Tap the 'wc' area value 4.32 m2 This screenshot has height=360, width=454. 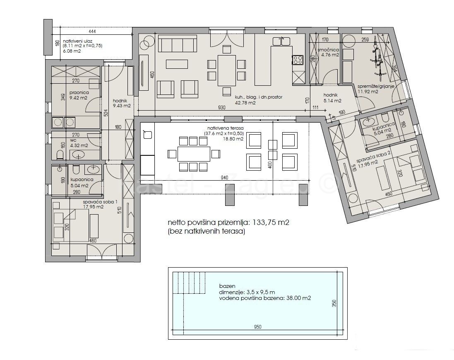click(x=79, y=145)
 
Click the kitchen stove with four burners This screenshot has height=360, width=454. click(x=298, y=60)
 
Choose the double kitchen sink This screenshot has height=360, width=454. click(x=282, y=41)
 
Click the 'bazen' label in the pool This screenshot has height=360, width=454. click(x=227, y=286)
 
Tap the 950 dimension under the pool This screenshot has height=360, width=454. click(x=257, y=327)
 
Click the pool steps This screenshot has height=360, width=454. click(x=190, y=282)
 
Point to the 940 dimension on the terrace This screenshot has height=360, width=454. click(x=224, y=178)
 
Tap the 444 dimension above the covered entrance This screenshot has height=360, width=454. click(x=92, y=31)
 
